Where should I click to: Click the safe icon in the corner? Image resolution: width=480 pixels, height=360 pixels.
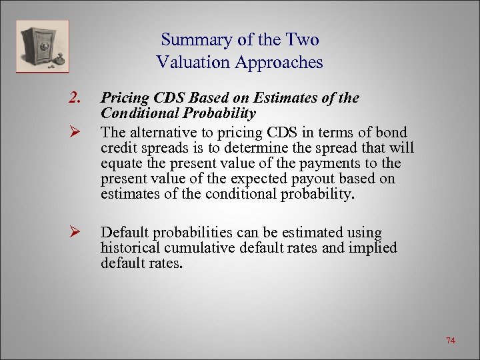coord(43,46)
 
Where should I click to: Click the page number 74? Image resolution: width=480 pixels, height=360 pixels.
coord(451,341)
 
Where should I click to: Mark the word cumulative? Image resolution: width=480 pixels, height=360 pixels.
coord(195,248)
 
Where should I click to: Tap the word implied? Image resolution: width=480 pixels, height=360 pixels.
coord(373,248)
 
